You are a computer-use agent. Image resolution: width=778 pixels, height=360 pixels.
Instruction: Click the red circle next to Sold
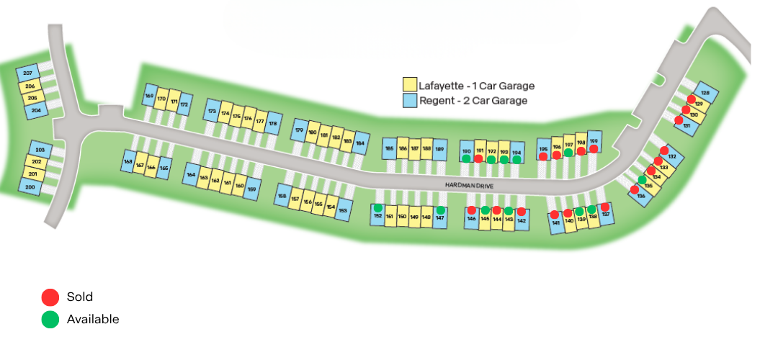point(50,297)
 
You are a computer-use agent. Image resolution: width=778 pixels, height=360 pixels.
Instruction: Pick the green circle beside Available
point(50,319)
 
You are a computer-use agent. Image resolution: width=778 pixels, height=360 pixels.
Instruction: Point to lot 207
point(28,74)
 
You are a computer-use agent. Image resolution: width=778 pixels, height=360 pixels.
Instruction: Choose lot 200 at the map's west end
point(30,186)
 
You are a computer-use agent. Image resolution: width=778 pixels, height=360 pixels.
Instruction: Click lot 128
point(705,94)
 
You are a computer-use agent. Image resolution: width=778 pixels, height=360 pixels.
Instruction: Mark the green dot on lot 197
point(568,152)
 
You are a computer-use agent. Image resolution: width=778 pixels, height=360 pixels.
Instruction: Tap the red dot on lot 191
point(478,158)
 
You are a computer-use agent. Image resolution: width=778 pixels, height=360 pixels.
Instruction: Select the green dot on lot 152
point(377,208)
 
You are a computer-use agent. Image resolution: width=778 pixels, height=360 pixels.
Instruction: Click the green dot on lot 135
point(642,179)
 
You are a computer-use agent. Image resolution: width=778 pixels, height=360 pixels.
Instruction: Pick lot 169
point(149,96)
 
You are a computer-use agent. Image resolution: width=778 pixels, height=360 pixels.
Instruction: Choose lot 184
point(360,143)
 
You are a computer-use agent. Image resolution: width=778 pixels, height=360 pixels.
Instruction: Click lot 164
point(191,175)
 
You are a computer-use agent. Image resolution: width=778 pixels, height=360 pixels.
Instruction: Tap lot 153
point(343,210)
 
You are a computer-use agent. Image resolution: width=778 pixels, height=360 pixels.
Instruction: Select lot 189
point(439,149)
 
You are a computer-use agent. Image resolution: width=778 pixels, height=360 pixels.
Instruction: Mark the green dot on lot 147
point(440,210)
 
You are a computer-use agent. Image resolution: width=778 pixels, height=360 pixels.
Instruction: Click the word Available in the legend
point(92,319)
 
